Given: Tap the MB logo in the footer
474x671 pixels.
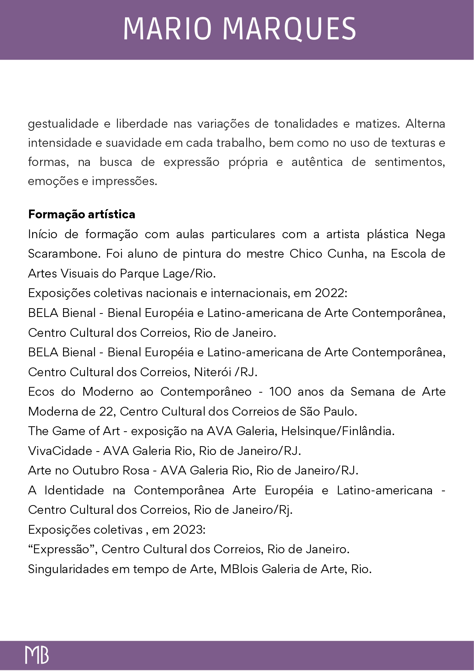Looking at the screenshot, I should click(37, 655).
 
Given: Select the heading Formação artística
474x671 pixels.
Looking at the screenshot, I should click(81, 214).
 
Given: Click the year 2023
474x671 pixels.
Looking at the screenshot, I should click(189, 530).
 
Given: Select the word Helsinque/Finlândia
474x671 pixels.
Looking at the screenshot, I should click(338, 431).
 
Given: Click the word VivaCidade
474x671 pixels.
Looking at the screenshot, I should click(60, 451).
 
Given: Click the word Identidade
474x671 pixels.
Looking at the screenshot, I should click(74, 491).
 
